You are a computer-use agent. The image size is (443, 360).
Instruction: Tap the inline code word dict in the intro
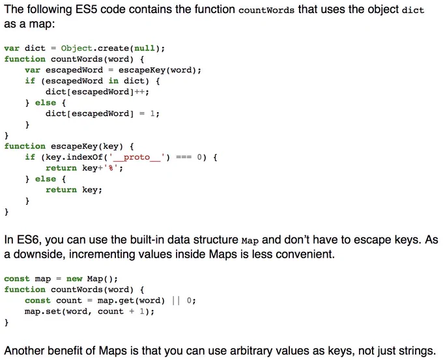click(413, 10)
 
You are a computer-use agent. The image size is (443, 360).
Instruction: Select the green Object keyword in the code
click(77, 48)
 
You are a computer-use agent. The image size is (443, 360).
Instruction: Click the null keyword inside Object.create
click(145, 48)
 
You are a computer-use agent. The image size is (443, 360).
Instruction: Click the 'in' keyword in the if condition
click(113, 81)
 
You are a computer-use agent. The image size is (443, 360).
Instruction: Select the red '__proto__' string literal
click(137, 157)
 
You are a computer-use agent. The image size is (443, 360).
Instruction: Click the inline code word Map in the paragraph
click(250, 241)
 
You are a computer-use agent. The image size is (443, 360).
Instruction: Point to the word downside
click(38, 254)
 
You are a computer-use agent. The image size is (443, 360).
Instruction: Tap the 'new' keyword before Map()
click(74, 279)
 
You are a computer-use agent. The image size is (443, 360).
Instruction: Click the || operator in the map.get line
click(175, 301)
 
